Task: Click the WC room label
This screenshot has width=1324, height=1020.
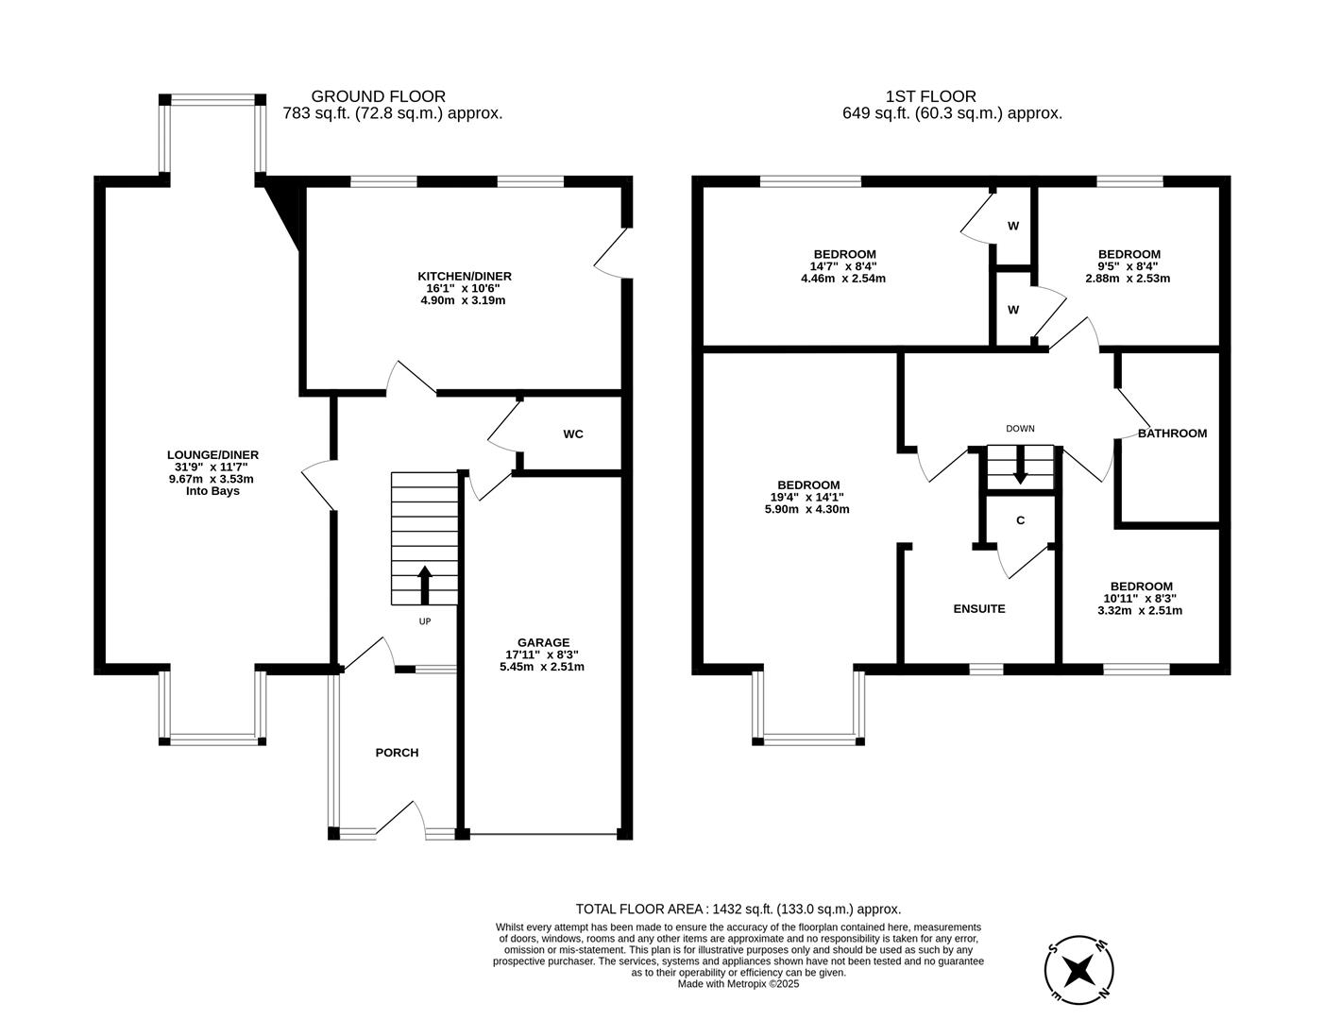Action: (572, 434)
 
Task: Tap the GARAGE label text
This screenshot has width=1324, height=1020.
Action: (542, 642)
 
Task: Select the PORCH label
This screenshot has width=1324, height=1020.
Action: (397, 753)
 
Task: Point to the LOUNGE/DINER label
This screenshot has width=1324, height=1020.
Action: (212, 455)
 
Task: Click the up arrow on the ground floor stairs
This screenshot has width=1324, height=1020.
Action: (424, 585)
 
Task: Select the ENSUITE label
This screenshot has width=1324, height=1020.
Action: (979, 609)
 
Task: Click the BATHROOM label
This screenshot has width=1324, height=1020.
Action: (1172, 433)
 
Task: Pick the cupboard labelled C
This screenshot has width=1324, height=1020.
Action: (1020, 520)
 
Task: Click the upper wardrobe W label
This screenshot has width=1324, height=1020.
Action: (1013, 227)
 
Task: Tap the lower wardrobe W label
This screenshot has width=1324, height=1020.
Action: (1013, 310)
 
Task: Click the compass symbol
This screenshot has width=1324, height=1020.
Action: (1078, 970)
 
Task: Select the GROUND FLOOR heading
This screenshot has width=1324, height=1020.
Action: (378, 96)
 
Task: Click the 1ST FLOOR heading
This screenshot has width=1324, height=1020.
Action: (930, 96)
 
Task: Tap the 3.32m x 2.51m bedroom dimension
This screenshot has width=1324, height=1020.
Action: (1140, 610)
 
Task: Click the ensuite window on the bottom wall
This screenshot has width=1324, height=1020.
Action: (986, 669)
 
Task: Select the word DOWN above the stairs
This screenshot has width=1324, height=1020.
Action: (1020, 429)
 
